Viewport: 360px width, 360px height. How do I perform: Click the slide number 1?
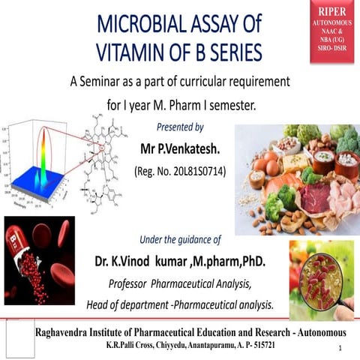[x=340, y=349]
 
